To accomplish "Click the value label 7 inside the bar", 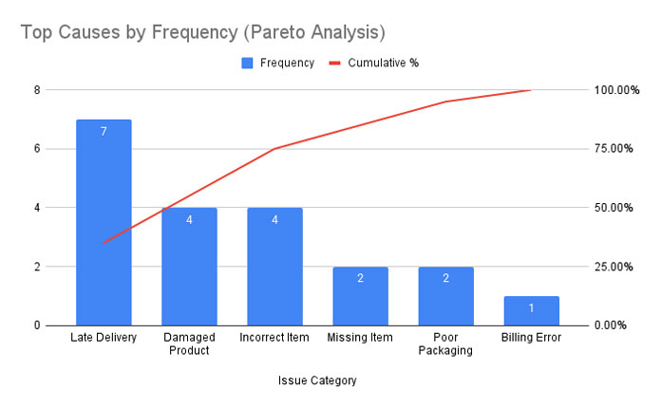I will (104, 131).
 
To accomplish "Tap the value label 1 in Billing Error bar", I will (531, 307).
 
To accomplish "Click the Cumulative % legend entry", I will (374, 63).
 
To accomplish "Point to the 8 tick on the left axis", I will (37, 90).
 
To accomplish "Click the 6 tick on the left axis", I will (37, 149).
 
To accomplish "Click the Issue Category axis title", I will (317, 380).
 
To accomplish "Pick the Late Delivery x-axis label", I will (104, 337).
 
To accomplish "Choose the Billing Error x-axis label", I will (531, 337).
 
